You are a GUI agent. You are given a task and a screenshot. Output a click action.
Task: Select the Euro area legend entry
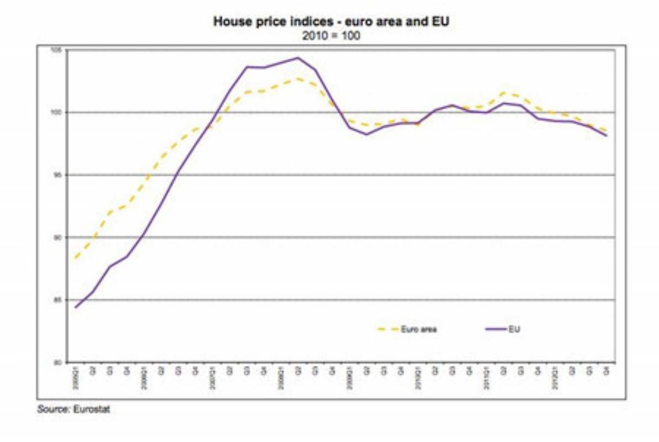[x=419, y=329]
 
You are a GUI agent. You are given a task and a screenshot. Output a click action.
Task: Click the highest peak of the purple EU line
[x=298, y=57]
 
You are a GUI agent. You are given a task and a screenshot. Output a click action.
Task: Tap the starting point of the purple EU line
[x=75, y=307]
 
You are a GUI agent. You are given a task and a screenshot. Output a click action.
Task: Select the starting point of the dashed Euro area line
[x=75, y=258]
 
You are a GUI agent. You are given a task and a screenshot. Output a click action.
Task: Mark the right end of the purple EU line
[x=607, y=135]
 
